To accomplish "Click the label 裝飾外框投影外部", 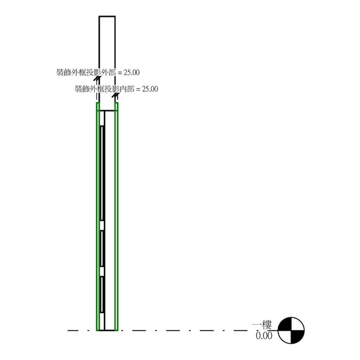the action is (x=86, y=73).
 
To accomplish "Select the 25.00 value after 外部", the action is (x=131, y=73).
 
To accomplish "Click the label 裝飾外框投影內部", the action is (x=104, y=89).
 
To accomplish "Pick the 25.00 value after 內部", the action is (x=150, y=89).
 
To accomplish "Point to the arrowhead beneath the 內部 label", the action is (x=115, y=95).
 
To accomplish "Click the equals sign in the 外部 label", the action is (x=120, y=73).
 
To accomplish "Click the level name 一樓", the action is (x=262, y=325).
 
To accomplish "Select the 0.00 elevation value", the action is (x=264, y=335).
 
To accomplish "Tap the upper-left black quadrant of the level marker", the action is (x=285, y=324).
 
